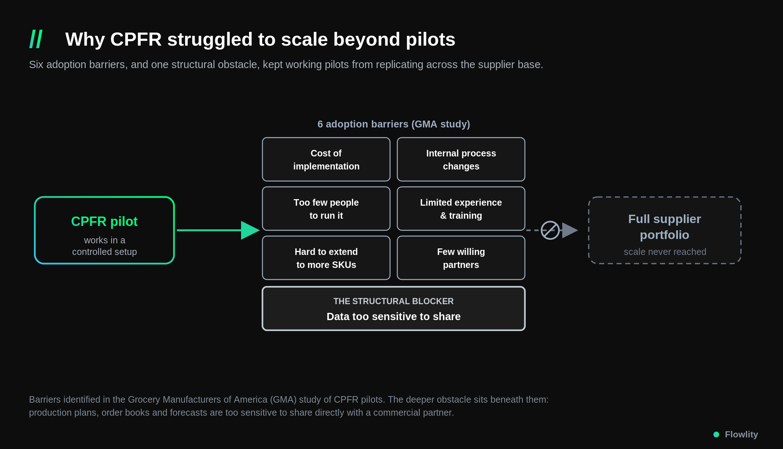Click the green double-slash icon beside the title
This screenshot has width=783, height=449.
[x=36, y=39]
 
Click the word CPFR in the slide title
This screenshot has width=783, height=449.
[x=136, y=39]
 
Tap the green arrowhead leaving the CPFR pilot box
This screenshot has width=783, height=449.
[x=250, y=230]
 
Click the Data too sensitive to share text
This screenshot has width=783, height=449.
[x=394, y=316]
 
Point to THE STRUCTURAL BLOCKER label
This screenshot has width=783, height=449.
[x=394, y=301]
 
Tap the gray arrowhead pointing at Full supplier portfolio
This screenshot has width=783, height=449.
[x=570, y=230]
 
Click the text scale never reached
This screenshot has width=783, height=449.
[x=665, y=252]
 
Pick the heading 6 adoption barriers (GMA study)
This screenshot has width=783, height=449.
[x=394, y=124]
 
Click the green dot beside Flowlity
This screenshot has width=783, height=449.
[x=716, y=435]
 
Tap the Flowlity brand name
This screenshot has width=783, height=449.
[x=741, y=435]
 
